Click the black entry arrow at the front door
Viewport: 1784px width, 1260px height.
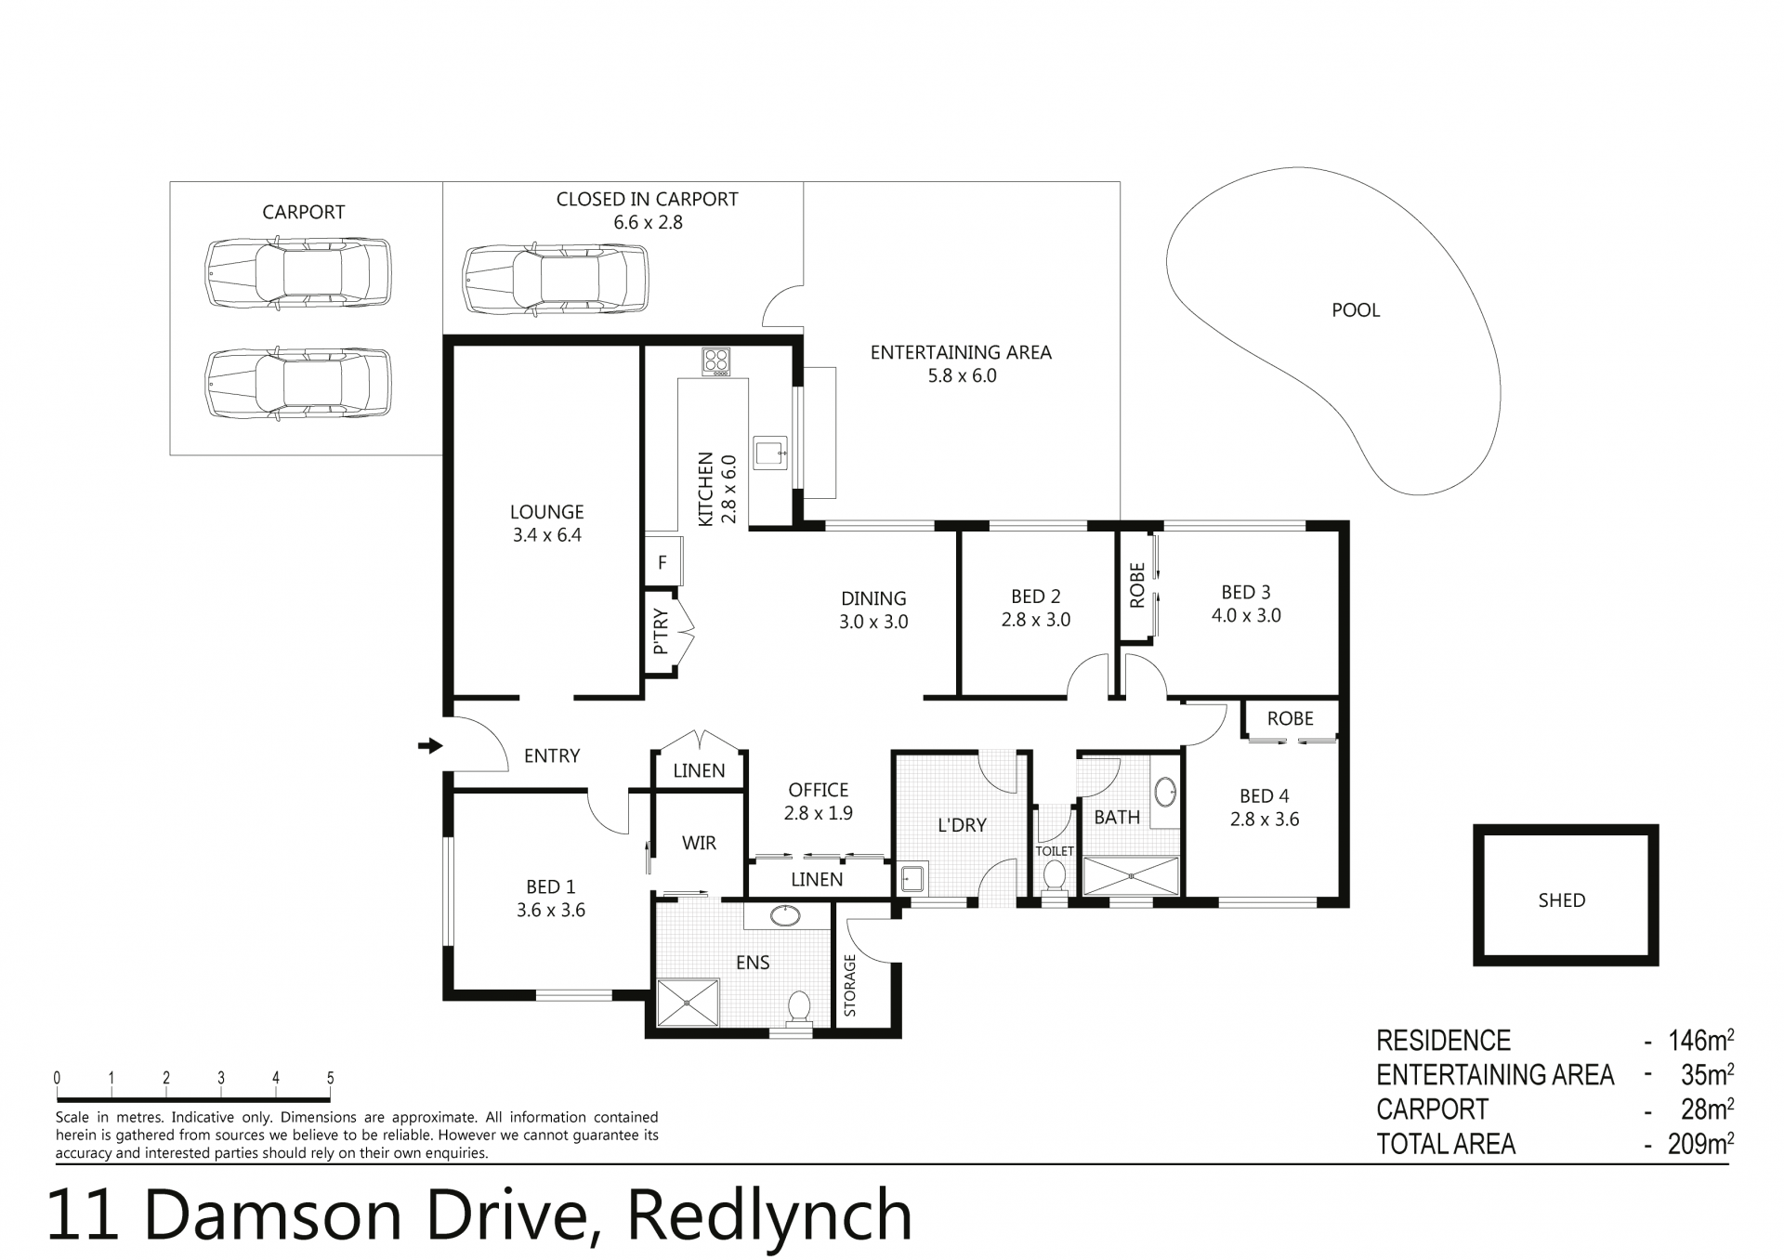tap(430, 744)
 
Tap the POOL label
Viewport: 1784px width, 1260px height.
tap(1356, 310)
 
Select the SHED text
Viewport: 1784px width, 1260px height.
tap(1561, 900)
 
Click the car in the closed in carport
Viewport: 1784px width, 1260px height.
tap(555, 280)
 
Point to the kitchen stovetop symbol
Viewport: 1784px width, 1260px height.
tap(715, 361)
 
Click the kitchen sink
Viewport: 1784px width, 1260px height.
tap(770, 453)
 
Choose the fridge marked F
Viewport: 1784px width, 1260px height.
tap(662, 561)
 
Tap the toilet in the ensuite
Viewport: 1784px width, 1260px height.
tap(798, 1008)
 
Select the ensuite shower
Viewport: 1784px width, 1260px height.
tap(688, 1003)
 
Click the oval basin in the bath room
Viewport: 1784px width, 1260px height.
tap(1165, 793)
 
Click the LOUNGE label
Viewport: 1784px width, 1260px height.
tap(546, 512)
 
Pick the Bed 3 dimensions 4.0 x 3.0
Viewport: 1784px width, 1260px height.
tap(1246, 615)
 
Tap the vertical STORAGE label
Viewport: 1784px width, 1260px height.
tap(849, 986)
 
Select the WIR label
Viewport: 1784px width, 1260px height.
tap(699, 843)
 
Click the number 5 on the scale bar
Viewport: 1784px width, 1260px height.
tap(330, 1079)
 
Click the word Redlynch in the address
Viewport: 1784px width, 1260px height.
tap(769, 1214)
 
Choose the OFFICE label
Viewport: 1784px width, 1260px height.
tap(819, 790)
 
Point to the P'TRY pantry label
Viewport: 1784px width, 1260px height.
tap(661, 631)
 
